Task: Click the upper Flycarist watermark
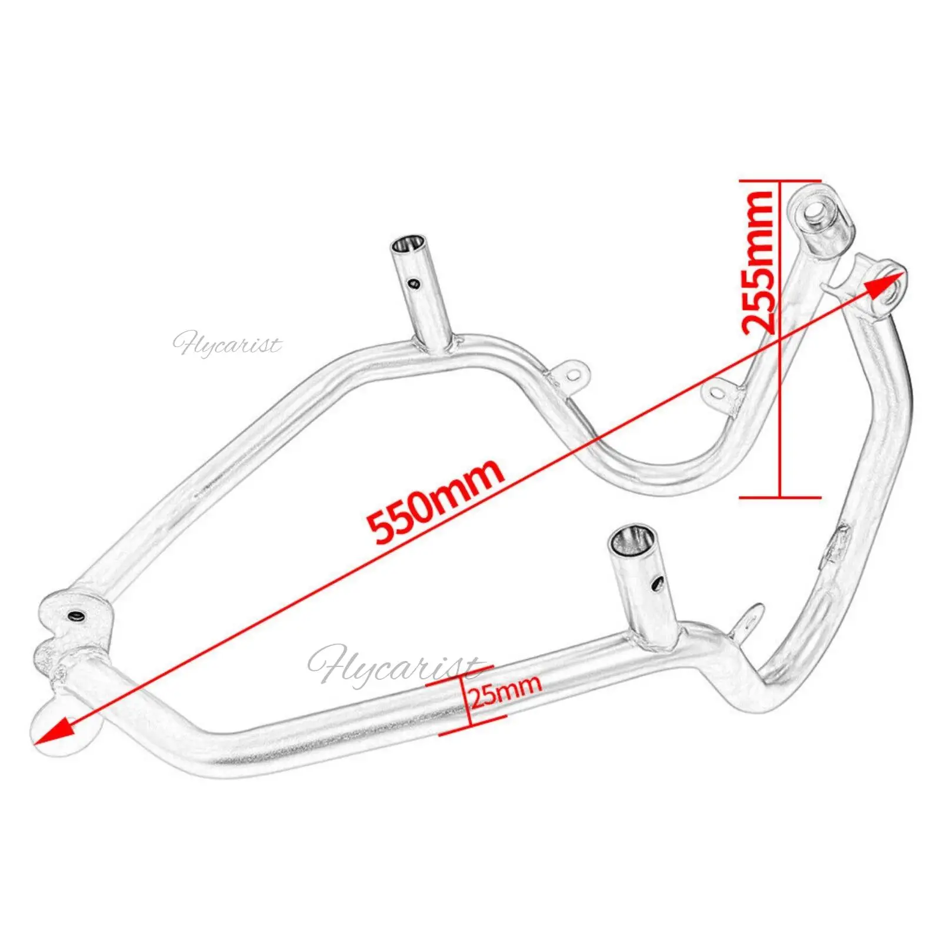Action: [227, 343]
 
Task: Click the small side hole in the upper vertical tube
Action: [415, 284]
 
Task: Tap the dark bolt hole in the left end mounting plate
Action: [76, 616]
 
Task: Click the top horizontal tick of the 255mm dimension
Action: [780, 181]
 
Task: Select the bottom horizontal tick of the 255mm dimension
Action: [780, 497]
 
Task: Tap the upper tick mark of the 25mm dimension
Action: [459, 676]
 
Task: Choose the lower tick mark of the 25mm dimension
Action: [473, 725]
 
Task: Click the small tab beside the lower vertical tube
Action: [748, 620]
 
